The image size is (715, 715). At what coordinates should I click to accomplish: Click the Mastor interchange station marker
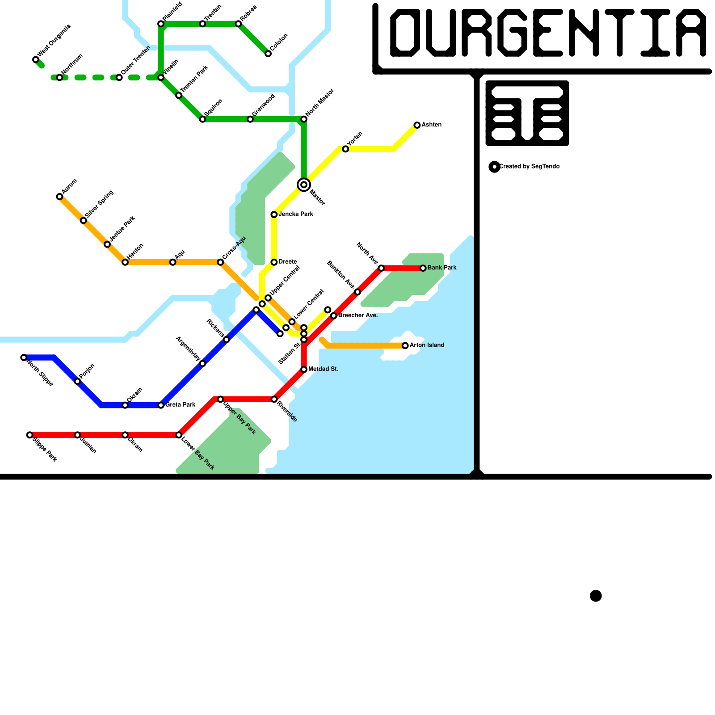pos(304,185)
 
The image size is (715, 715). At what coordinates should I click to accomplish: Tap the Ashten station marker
pos(417,125)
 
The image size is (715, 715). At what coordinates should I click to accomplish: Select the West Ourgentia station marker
pos(36,59)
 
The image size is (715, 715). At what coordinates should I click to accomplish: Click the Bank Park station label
pos(442,268)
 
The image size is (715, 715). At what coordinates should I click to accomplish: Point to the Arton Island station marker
pos(405,345)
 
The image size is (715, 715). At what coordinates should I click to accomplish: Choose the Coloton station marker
pos(268,54)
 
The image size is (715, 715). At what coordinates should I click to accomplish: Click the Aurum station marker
pos(59,197)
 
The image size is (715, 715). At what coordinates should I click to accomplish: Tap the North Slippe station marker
pos(24,357)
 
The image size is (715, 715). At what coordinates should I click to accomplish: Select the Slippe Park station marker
pos(29,435)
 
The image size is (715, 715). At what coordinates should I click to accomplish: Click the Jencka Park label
pos(296,214)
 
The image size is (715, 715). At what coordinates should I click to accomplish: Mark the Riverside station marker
pos(274,399)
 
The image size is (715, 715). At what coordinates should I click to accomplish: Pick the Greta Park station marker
pos(161,405)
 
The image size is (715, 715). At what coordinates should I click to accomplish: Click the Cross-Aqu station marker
pos(220,262)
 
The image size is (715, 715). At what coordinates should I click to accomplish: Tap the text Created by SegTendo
pos(529,166)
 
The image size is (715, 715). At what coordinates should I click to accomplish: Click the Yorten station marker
pos(345,149)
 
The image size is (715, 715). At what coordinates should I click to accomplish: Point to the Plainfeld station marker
pos(161,24)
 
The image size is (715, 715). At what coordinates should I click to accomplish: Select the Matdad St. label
pos(323,369)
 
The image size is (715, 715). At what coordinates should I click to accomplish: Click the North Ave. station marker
pos(381,268)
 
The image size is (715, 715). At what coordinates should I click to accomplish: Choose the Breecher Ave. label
pos(358,315)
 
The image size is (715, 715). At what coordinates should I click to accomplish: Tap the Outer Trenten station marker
pos(119,77)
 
